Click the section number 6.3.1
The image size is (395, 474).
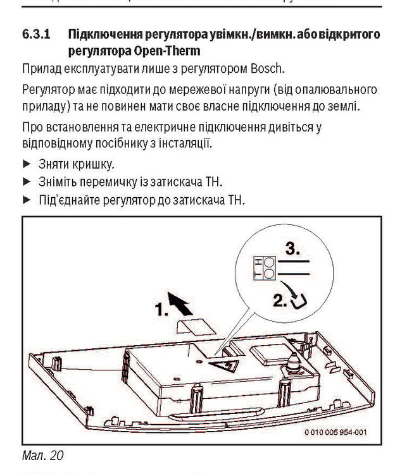[36, 33]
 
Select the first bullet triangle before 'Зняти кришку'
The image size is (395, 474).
[26, 165]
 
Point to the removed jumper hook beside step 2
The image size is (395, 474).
[301, 303]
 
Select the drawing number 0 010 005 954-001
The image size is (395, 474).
[335, 432]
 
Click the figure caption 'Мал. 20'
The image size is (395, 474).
[41, 453]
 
